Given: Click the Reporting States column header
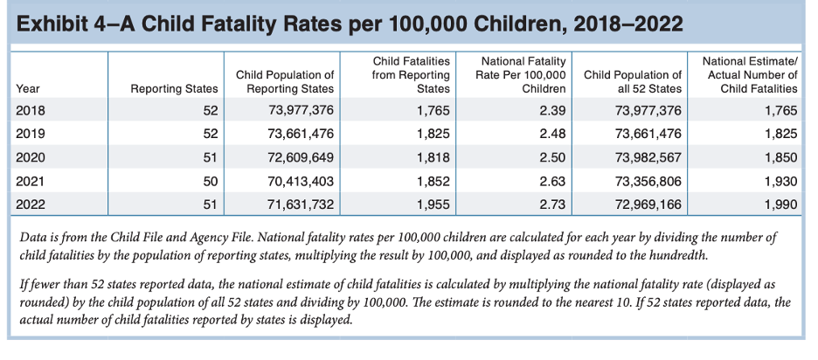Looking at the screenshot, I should click(174, 88).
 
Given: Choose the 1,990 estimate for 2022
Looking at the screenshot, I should click(780, 205).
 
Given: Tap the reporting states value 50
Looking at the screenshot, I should click(209, 182).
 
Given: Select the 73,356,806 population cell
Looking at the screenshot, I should click(648, 182).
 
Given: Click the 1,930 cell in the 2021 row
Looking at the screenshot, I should click(780, 182).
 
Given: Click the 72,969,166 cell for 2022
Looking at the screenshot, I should click(648, 205).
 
